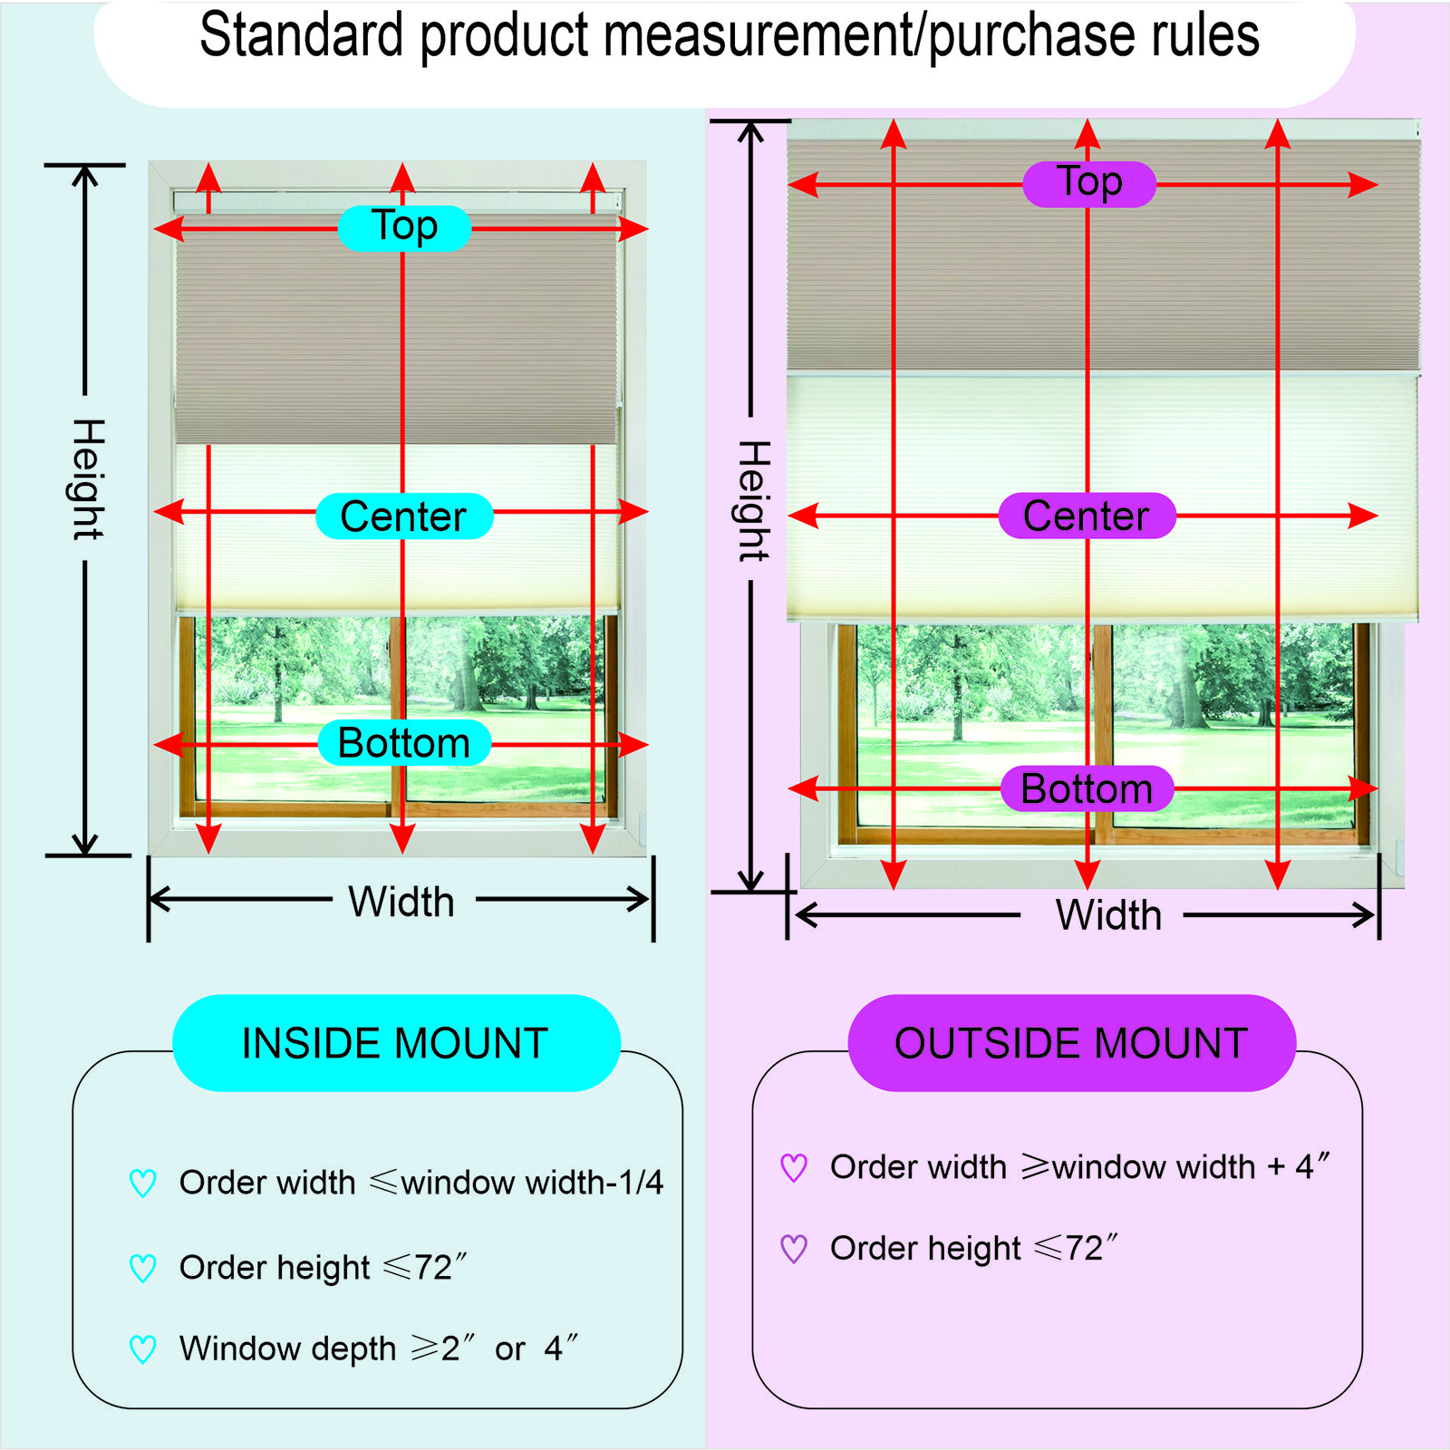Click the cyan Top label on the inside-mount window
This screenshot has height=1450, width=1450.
[404, 227]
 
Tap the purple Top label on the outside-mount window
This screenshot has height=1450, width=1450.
[1089, 184]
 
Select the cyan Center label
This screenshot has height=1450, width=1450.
[404, 517]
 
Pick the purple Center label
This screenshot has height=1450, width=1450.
[1087, 517]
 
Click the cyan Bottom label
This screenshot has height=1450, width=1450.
[404, 743]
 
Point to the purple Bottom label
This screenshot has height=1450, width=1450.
[1087, 788]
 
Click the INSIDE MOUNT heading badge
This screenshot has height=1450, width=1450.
[395, 1043]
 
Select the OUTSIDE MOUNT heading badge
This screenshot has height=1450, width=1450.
[1071, 1043]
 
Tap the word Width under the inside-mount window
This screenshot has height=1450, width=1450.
[401, 902]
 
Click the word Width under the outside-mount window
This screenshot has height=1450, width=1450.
[1108, 915]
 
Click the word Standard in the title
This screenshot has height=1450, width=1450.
[301, 36]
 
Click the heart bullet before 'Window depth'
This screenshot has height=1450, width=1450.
[143, 1349]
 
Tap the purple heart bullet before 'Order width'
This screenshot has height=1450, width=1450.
[794, 1167]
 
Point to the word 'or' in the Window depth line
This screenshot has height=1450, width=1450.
[510, 1349]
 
